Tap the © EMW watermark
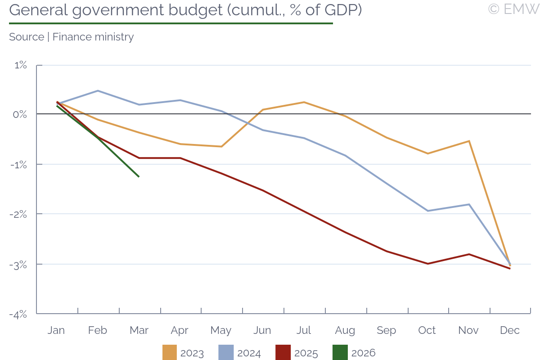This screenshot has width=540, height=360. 513,9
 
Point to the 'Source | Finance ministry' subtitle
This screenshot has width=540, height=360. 71,37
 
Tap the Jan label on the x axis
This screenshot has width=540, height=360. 56,330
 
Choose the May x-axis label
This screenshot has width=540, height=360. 221,330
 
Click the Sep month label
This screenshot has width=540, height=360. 386,330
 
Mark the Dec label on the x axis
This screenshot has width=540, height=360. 510,330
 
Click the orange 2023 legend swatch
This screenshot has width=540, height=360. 170,353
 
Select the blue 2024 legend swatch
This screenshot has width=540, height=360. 226,353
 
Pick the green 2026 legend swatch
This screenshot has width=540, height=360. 340,353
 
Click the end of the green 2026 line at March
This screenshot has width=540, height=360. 139,177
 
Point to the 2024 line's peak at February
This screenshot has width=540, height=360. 98,91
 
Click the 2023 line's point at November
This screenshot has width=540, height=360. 469,141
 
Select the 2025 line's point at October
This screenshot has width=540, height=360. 427,264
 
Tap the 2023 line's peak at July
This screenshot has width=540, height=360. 304,102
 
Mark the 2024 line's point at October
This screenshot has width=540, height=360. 427,211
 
